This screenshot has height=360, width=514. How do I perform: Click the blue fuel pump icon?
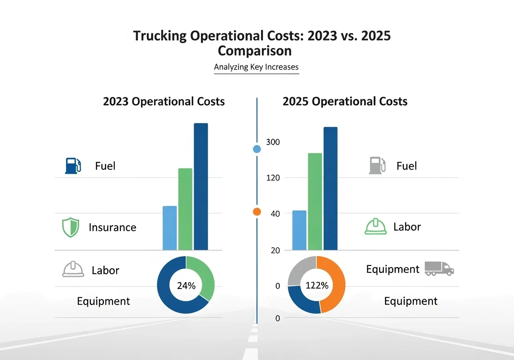[73, 166]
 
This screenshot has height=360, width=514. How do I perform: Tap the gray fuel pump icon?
[377, 166]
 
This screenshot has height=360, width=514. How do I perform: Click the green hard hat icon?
[375, 227]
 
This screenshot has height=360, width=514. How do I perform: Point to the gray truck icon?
[439, 268]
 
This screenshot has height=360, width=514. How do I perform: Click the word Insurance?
[112, 227]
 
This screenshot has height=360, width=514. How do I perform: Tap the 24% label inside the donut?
[186, 286]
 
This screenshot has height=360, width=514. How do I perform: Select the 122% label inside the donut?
[317, 286]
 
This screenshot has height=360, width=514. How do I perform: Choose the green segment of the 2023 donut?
[204, 275]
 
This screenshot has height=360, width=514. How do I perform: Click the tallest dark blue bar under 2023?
[201, 187]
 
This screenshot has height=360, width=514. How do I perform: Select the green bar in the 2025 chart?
[315, 201]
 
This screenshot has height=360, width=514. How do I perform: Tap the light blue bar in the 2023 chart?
[169, 228]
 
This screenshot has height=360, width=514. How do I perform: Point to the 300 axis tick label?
[273, 142]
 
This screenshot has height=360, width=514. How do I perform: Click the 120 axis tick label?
[273, 178]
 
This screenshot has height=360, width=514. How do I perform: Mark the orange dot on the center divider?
[257, 212]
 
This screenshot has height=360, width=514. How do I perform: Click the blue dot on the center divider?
[257, 149]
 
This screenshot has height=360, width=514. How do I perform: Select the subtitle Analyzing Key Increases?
[256, 67]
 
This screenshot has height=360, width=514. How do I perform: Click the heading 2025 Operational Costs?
[345, 101]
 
